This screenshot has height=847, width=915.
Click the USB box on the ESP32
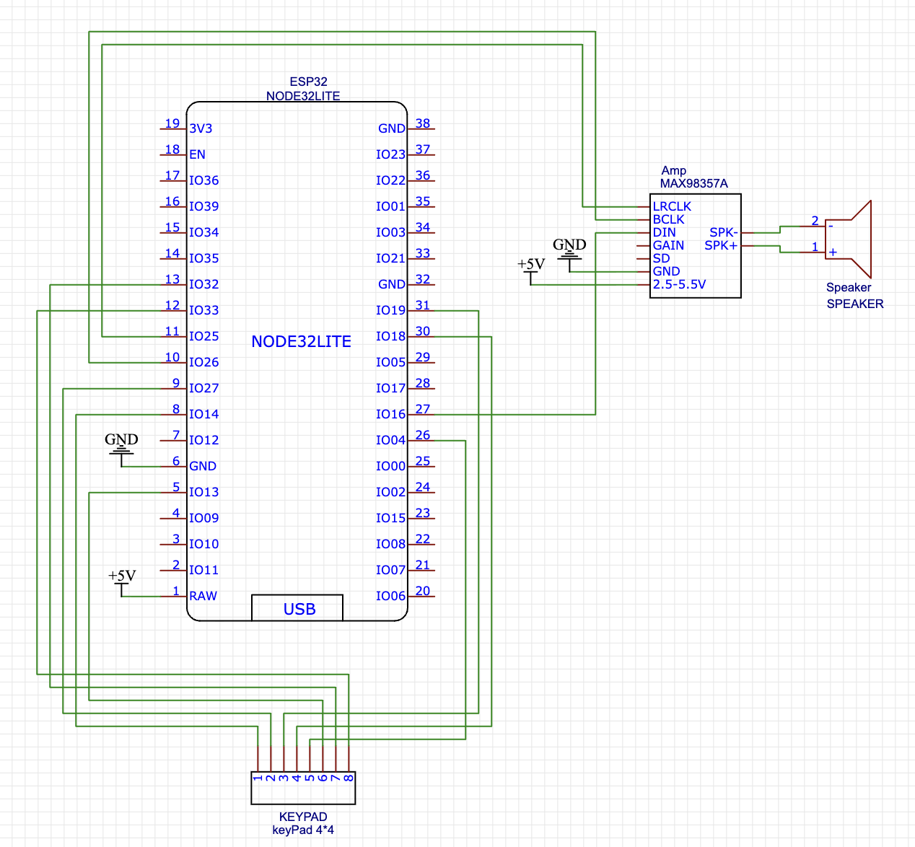pyautogui.click(x=297, y=608)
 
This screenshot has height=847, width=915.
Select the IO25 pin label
pyautogui.click(x=203, y=336)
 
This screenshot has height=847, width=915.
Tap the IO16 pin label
pyautogui.click(x=390, y=414)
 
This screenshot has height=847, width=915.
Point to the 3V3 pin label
pyautogui.click(x=201, y=128)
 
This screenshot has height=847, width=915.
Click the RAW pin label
pyautogui.click(x=203, y=596)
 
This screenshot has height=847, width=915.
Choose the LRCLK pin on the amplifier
pyautogui.click(x=672, y=206)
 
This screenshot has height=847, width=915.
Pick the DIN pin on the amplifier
pyautogui.click(x=664, y=232)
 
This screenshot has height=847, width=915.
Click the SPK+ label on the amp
pyautogui.click(x=721, y=245)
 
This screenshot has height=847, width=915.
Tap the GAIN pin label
pyautogui.click(x=668, y=245)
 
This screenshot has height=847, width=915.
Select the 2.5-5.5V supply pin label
pyautogui.click(x=679, y=284)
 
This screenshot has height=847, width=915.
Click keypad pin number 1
pyautogui.click(x=258, y=778)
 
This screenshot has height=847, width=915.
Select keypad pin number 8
pyautogui.click(x=349, y=778)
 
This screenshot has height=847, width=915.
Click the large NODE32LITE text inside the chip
pyautogui.click(x=301, y=342)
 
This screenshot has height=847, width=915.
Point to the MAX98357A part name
pyautogui.click(x=693, y=183)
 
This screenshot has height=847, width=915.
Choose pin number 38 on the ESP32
pyautogui.click(x=423, y=123)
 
